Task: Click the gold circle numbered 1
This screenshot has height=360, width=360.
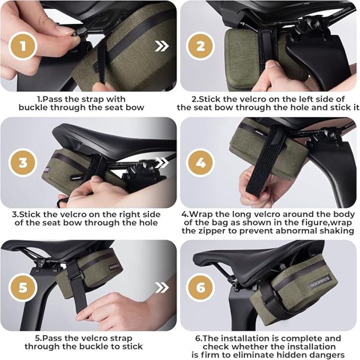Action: pos(23,46)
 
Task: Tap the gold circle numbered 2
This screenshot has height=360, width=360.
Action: pos(200,46)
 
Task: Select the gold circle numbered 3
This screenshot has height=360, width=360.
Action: pos(23,162)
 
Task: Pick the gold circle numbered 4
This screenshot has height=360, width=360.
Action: pos(200,162)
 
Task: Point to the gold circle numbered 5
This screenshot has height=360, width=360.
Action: pos(23,287)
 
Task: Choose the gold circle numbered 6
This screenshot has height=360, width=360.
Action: pos(200,287)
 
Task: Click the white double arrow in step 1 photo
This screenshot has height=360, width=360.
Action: pos(162,46)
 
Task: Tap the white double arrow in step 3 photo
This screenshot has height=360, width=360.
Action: pos(162,162)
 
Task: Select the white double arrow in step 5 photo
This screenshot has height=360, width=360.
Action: pos(162,287)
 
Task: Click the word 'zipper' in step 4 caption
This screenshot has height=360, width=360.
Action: pos(211,231)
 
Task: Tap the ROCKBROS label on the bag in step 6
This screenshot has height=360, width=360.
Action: pos(320,282)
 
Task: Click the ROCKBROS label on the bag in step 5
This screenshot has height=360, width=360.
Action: pos(115,267)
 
